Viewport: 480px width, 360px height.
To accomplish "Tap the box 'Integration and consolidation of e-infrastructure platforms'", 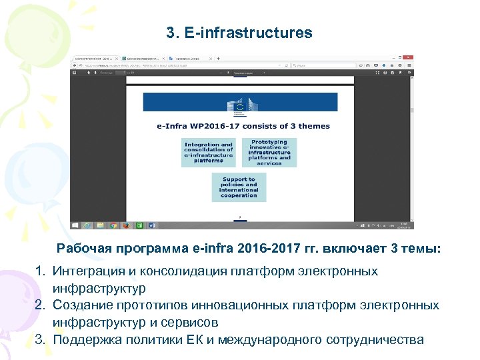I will pos(209,153).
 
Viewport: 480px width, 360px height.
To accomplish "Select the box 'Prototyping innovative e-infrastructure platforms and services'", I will pos(269,153).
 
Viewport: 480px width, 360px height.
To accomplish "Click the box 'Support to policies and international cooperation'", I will pos(239,187).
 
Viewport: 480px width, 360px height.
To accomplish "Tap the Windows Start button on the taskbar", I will pos(75,225).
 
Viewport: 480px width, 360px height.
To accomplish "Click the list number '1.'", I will pos(41,271).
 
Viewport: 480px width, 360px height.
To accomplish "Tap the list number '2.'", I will pos(41,305).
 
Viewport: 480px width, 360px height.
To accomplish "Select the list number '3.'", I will pos(41,339).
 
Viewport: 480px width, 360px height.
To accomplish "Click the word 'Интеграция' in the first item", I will pos(88,271).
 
